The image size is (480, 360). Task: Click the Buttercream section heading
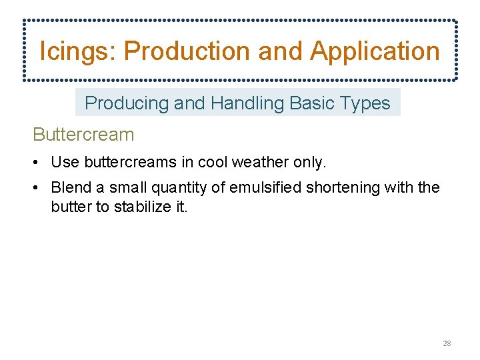(83, 135)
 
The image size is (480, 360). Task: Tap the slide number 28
(447, 343)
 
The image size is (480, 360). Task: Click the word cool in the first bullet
(213, 162)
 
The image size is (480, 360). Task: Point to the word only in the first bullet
(309, 162)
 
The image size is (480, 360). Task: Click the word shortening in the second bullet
(341, 187)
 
